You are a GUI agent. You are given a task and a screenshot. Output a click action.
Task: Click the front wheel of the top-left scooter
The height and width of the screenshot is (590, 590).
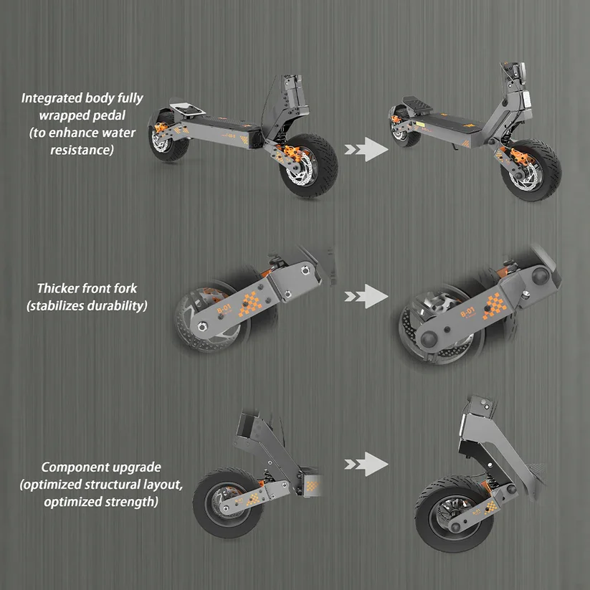pos(308,165)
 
